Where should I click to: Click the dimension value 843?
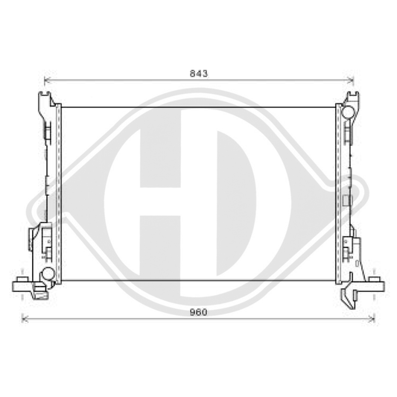199,74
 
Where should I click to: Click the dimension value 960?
199,312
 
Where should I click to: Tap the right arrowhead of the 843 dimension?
351,80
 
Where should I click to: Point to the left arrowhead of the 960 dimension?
25,319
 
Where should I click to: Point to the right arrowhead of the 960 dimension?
372,319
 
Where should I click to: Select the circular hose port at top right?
348,112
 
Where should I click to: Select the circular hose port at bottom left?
48,273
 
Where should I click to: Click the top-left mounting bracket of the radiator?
45,99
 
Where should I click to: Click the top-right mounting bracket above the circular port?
352,99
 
